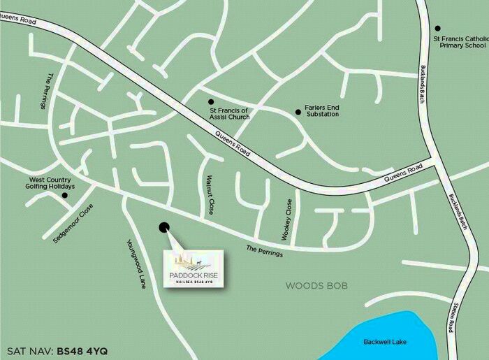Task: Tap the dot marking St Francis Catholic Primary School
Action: click(438, 29)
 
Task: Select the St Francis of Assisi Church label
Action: click(229, 113)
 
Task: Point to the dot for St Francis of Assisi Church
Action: click(211, 101)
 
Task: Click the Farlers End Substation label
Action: click(321, 110)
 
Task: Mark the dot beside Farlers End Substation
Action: click(298, 110)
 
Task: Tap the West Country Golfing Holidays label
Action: click(47, 182)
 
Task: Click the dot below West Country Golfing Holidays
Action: click(65, 195)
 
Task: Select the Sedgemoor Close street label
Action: click(73, 224)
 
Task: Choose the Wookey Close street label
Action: click(286, 220)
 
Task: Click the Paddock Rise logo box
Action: click(194, 268)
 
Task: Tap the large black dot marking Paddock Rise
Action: click(164, 226)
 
